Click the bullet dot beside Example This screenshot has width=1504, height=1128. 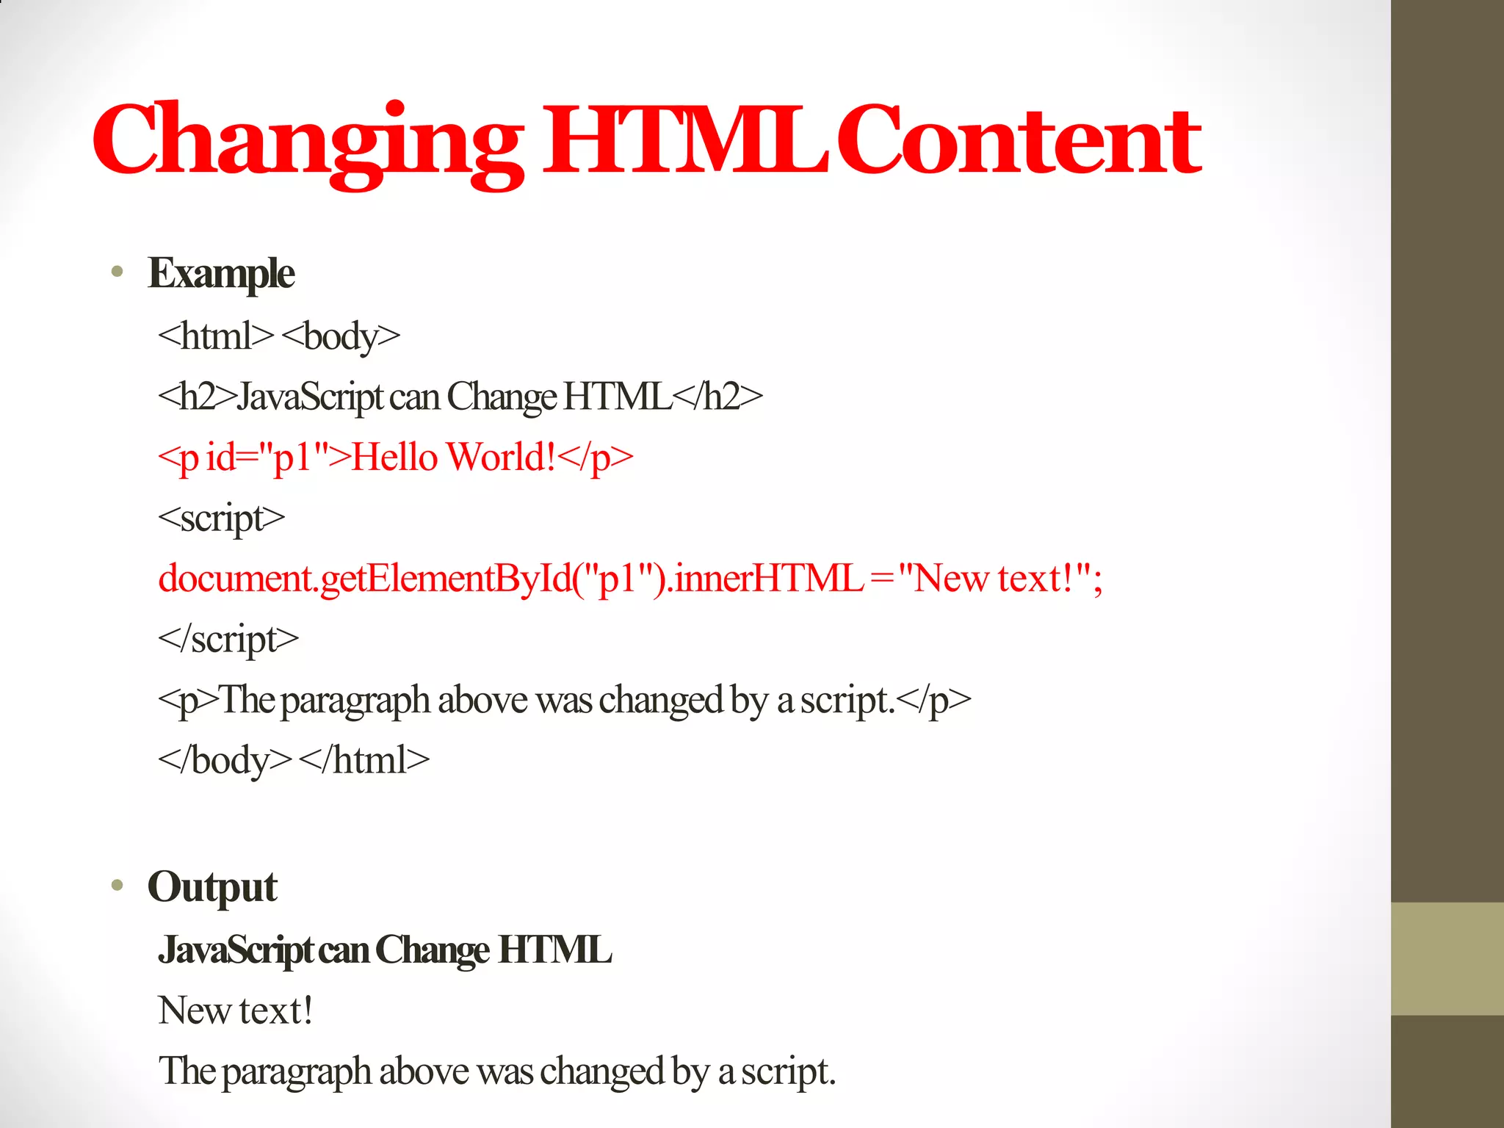point(117,272)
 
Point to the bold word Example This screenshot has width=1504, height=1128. point(221,273)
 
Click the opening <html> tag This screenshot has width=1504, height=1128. point(215,336)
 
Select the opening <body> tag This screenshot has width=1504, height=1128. point(341,336)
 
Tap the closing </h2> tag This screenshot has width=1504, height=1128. point(717,397)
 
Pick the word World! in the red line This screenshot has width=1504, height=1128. point(502,457)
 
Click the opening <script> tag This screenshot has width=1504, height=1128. point(221,518)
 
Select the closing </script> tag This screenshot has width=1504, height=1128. point(228,639)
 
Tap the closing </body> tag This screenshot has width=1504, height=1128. point(225,759)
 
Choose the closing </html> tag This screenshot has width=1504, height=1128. point(364,759)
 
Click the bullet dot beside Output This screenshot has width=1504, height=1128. point(117,886)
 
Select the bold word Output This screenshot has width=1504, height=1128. point(212,886)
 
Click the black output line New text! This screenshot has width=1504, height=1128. point(236,1010)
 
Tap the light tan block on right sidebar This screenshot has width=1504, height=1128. point(1447,958)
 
